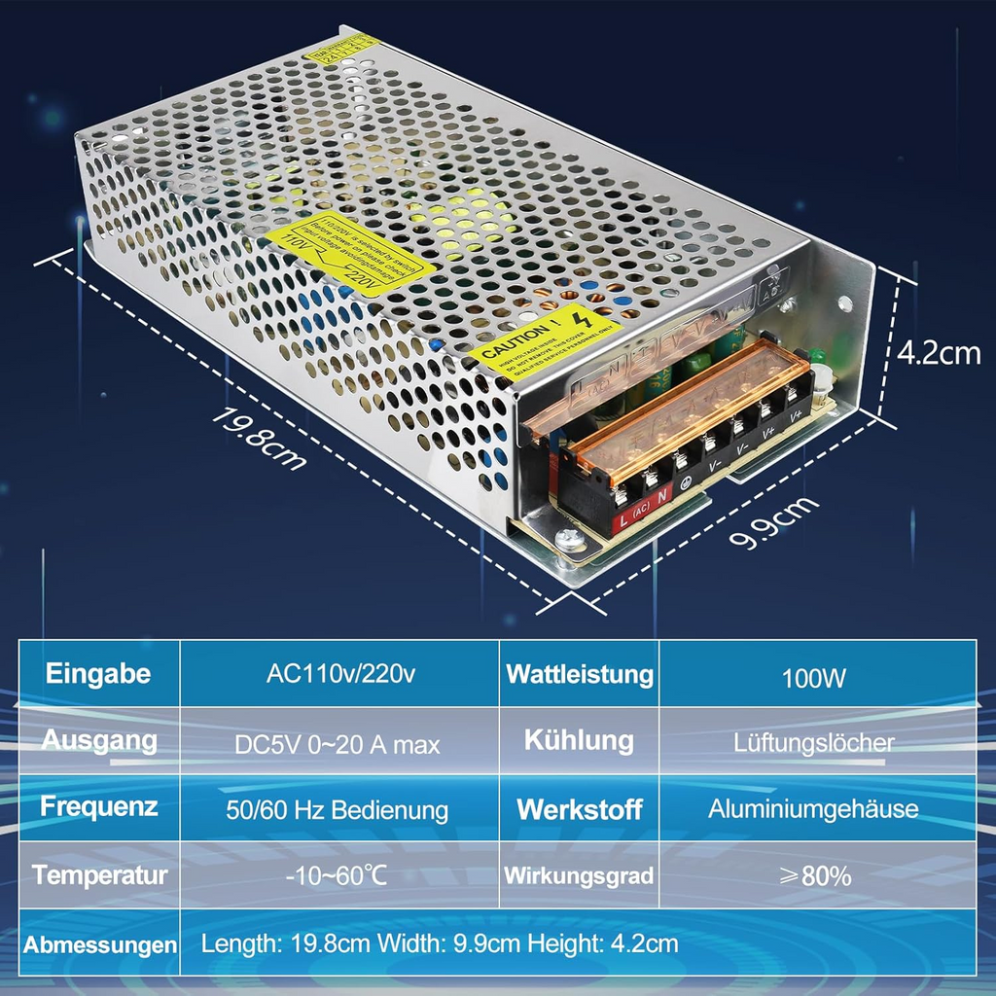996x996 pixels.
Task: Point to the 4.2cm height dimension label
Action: pos(939,352)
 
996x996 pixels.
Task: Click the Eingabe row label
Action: pos(98,673)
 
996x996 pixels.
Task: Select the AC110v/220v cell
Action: pos(339,674)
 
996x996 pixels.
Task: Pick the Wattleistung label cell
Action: pos(580,673)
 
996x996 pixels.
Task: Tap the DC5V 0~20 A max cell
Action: pos(338,745)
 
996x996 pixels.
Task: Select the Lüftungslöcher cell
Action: pos(814,743)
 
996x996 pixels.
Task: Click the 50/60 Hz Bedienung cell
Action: pos(338,809)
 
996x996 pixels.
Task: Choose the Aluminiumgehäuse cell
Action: pos(814,808)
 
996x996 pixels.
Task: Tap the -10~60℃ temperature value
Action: pos(337,874)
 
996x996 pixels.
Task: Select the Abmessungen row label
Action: pos(100,943)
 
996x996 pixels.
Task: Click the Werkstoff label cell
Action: pos(580,809)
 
